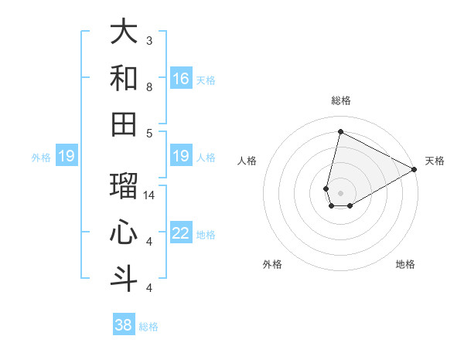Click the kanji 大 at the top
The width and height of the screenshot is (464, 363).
[124, 32]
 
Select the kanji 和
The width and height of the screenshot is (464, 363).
[124, 77]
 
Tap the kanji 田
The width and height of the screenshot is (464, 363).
[124, 123]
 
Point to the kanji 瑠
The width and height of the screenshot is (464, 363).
[124, 186]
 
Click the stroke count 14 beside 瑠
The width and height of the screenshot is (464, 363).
[149, 195]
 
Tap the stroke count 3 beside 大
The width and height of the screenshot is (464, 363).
[149, 40]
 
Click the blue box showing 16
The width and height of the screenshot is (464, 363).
[181, 79]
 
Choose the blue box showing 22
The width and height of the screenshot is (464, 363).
[181, 234]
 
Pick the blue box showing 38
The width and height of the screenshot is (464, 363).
[124, 325]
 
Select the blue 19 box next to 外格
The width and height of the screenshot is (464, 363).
[66, 157]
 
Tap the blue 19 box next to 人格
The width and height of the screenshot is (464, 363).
[181, 157]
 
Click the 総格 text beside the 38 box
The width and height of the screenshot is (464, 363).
[148, 327]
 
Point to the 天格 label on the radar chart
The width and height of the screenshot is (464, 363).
[435, 161]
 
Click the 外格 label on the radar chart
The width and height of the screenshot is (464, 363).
[272, 264]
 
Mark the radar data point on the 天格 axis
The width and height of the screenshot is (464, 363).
[415, 170]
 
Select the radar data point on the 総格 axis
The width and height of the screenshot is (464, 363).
[340, 131]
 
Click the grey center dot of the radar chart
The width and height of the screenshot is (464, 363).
[340, 192]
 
